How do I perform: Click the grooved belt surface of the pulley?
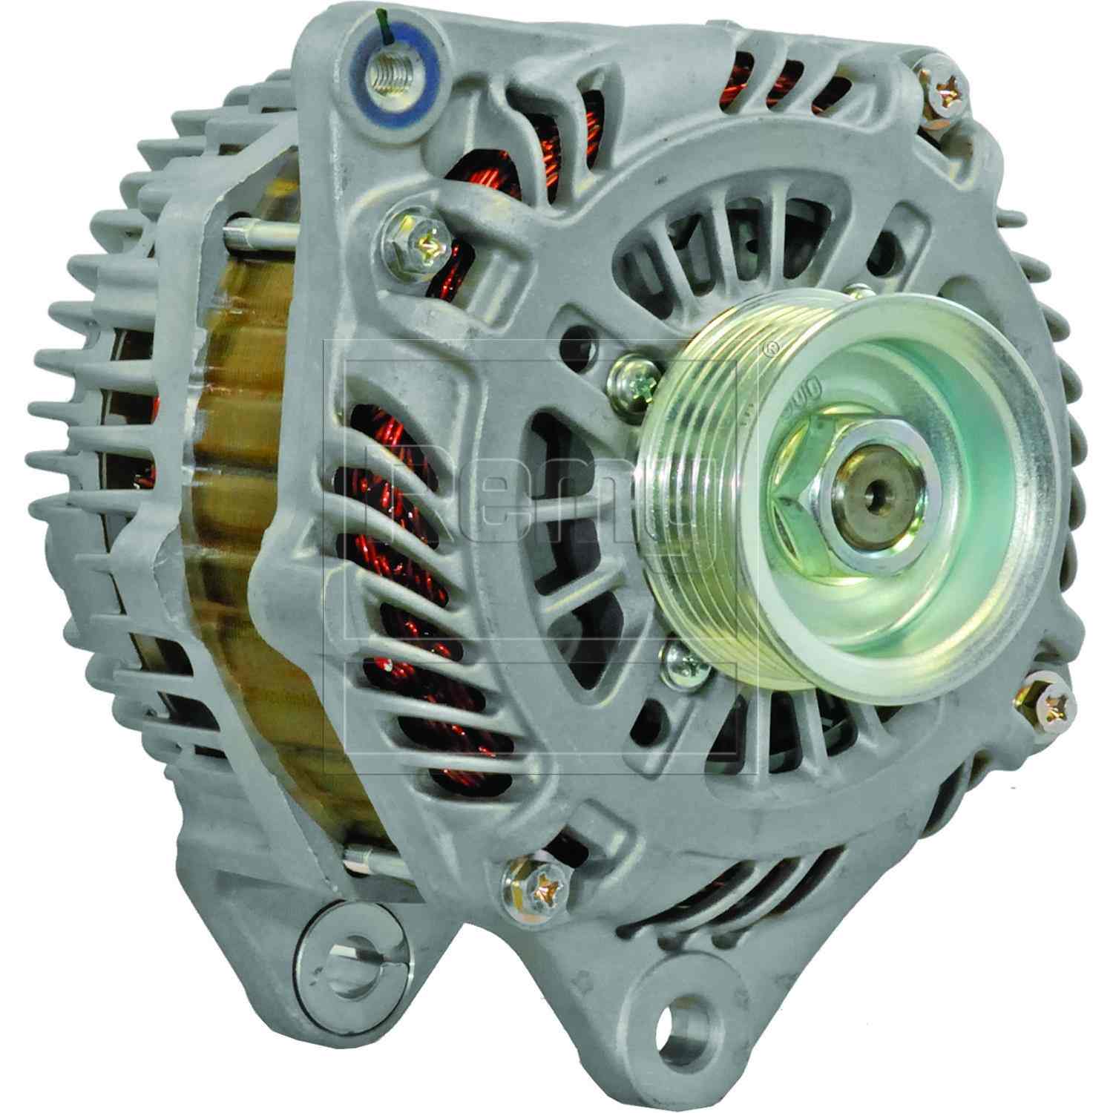coord(690,475)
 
